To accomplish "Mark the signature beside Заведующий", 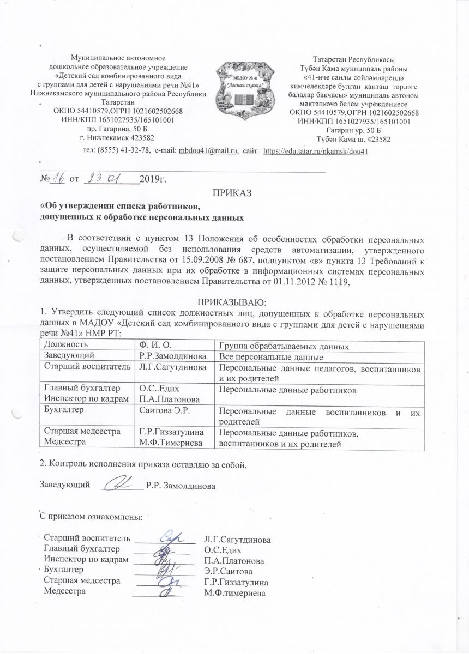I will click(x=121, y=482).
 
